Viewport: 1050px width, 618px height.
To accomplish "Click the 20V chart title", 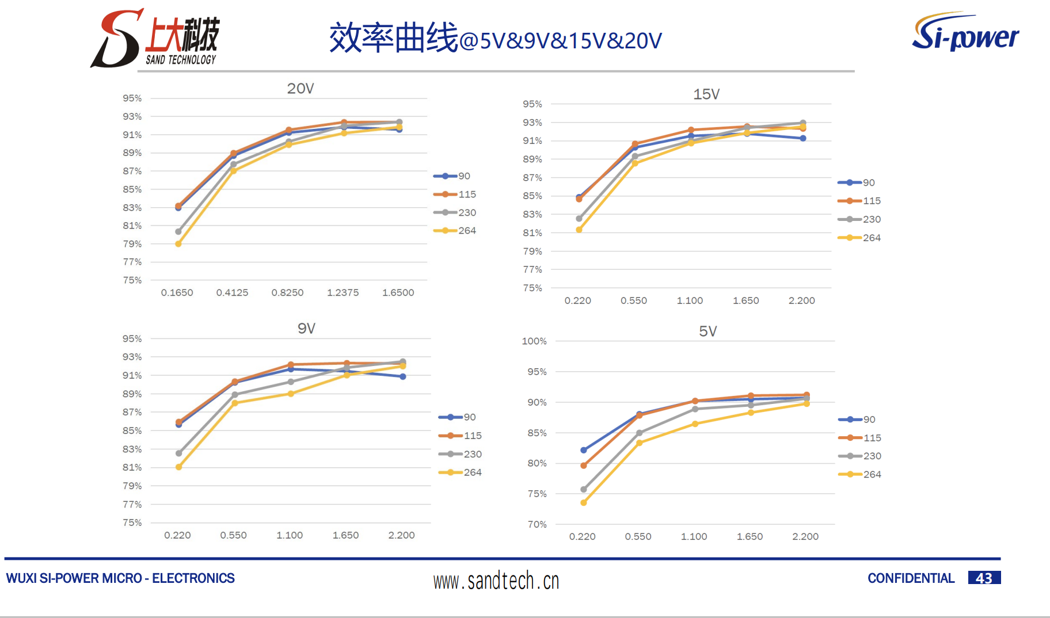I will click(x=300, y=89).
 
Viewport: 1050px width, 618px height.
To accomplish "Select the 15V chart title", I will click(x=706, y=94).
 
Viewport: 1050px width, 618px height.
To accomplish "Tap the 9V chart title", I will click(x=306, y=329).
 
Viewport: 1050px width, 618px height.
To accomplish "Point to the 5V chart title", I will click(x=707, y=331).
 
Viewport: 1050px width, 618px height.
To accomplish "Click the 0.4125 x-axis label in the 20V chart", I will click(x=232, y=292).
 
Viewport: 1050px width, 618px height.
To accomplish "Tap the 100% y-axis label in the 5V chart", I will click(x=534, y=341).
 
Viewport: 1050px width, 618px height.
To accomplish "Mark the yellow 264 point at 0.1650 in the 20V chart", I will click(x=178, y=244).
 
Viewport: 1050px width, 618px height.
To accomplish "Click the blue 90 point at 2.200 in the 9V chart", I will click(x=403, y=376).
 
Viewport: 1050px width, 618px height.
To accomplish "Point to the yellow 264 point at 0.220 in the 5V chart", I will click(x=584, y=502).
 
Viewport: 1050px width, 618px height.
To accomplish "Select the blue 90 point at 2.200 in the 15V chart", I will click(x=803, y=138).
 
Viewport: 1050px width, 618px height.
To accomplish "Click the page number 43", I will click(x=984, y=578).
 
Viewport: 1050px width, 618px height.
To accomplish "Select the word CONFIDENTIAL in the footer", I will click(x=911, y=578).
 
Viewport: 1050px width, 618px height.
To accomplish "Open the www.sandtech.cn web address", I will click(x=496, y=581).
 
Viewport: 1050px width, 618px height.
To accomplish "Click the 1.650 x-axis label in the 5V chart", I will click(x=750, y=536).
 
